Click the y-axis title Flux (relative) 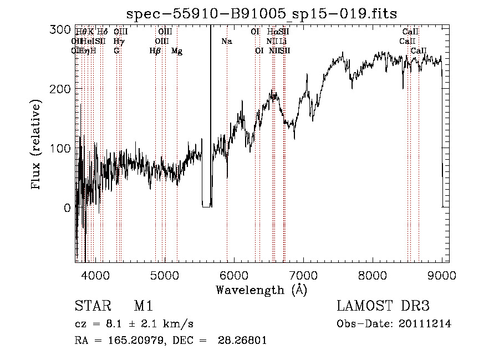(37, 146)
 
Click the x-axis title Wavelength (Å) (261, 290)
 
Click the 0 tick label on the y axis (67, 207)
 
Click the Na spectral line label (226, 42)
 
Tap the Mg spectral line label (177, 51)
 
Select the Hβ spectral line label (155, 51)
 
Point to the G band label (116, 51)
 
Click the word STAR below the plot (91, 306)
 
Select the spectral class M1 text (143, 306)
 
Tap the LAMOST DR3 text (383, 306)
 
